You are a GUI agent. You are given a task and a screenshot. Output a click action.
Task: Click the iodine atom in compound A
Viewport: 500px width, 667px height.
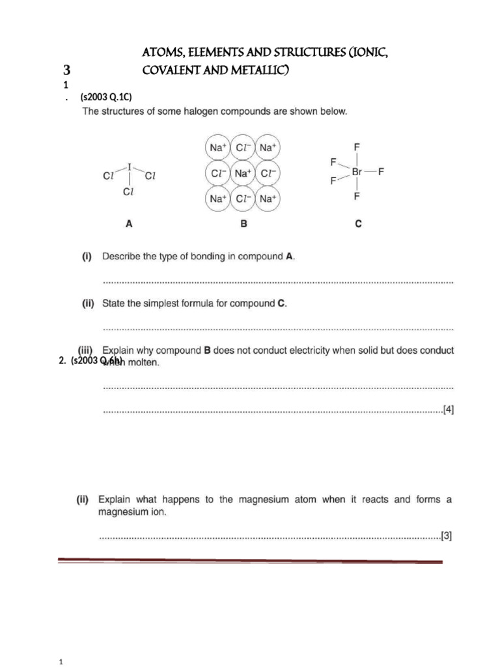[x=130, y=166]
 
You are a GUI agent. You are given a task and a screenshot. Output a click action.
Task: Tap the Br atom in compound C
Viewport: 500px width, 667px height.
[x=357, y=172]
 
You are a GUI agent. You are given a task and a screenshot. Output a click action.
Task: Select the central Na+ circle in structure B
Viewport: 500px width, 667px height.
[x=243, y=173]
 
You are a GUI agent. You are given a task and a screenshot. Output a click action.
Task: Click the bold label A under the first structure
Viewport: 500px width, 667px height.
[x=129, y=223]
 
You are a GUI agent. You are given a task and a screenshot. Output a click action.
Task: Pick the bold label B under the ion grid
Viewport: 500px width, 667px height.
[x=243, y=223]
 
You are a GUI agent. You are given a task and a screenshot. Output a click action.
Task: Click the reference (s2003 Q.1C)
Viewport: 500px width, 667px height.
[x=107, y=97]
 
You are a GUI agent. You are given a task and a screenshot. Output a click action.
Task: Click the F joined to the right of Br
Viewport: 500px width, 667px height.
[x=381, y=172]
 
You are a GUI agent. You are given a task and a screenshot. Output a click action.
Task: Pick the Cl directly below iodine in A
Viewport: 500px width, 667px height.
[x=130, y=192]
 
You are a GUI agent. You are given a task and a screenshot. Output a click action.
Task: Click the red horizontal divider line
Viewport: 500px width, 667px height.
[x=250, y=561]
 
